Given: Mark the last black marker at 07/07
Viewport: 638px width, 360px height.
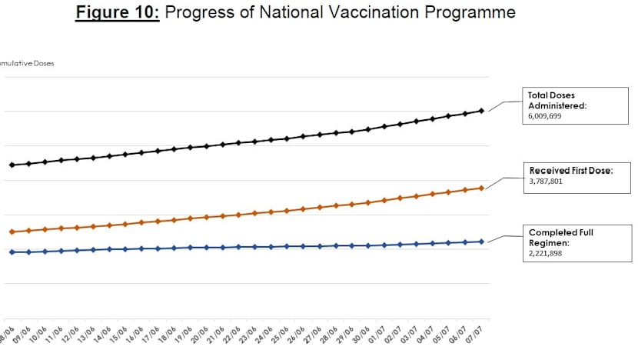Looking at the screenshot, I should [481, 111].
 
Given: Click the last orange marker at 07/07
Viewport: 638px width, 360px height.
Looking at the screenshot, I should [481, 188].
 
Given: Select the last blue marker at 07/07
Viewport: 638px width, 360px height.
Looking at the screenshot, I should [481, 242].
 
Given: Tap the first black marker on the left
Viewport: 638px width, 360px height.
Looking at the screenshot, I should [12, 165].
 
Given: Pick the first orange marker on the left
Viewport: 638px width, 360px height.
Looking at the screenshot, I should [12, 232].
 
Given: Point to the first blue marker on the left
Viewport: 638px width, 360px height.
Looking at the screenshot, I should [12, 252].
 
